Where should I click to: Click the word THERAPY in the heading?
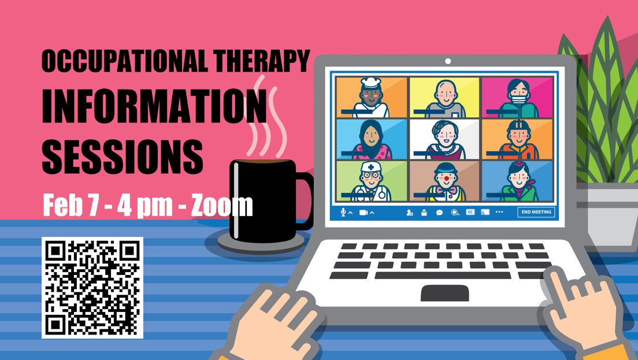(261, 61)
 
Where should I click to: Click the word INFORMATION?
(154, 106)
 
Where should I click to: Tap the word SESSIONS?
(122, 157)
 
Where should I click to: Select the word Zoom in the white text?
(222, 205)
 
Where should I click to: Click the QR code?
(92, 288)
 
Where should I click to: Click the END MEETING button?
(536, 212)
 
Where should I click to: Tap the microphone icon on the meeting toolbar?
(343, 212)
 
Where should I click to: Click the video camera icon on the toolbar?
(363, 212)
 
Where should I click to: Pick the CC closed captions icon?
(470, 212)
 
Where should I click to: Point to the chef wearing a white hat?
(370, 98)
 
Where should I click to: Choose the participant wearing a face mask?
(518, 98)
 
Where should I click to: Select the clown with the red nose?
(446, 182)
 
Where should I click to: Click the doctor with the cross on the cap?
(371, 181)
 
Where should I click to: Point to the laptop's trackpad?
(445, 293)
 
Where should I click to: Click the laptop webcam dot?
(447, 61)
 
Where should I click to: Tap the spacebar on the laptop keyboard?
(443, 276)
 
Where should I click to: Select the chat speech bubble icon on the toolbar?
(439, 212)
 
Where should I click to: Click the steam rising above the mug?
(266, 118)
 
